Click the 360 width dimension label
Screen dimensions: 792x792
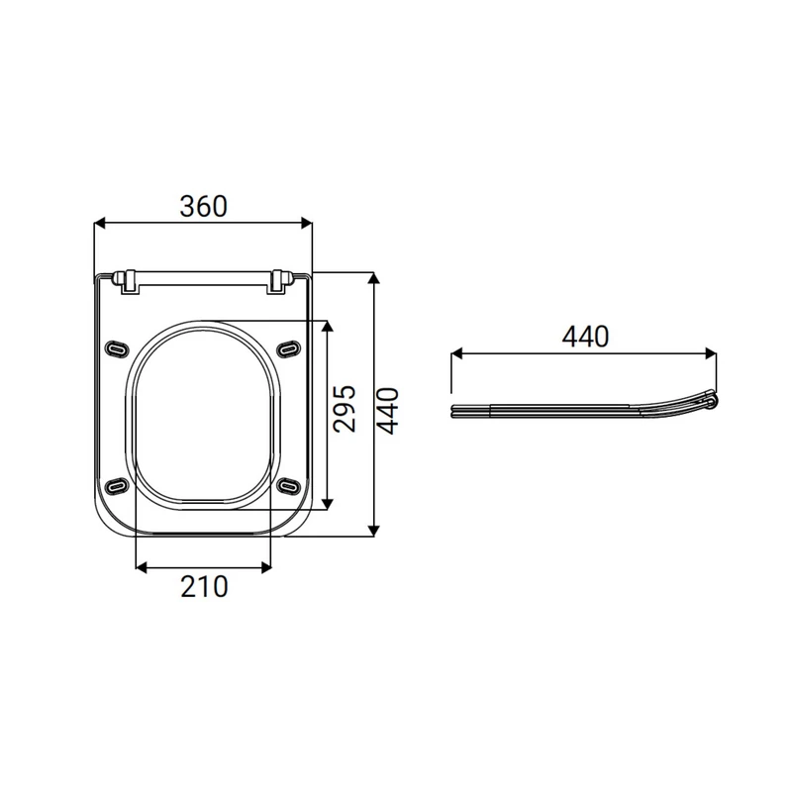[x=204, y=207]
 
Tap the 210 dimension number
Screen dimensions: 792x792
[x=204, y=587]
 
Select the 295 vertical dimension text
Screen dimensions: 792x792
[x=345, y=409]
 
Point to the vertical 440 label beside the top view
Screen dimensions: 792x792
[x=388, y=411]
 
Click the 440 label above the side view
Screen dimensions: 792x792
[x=585, y=337]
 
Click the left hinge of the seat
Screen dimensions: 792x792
[x=128, y=281]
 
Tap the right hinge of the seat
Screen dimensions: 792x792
[x=280, y=281]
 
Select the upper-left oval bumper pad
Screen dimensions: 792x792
[x=117, y=348]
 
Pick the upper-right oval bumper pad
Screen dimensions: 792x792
[x=289, y=348]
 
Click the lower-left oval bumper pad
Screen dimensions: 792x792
[x=117, y=486]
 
